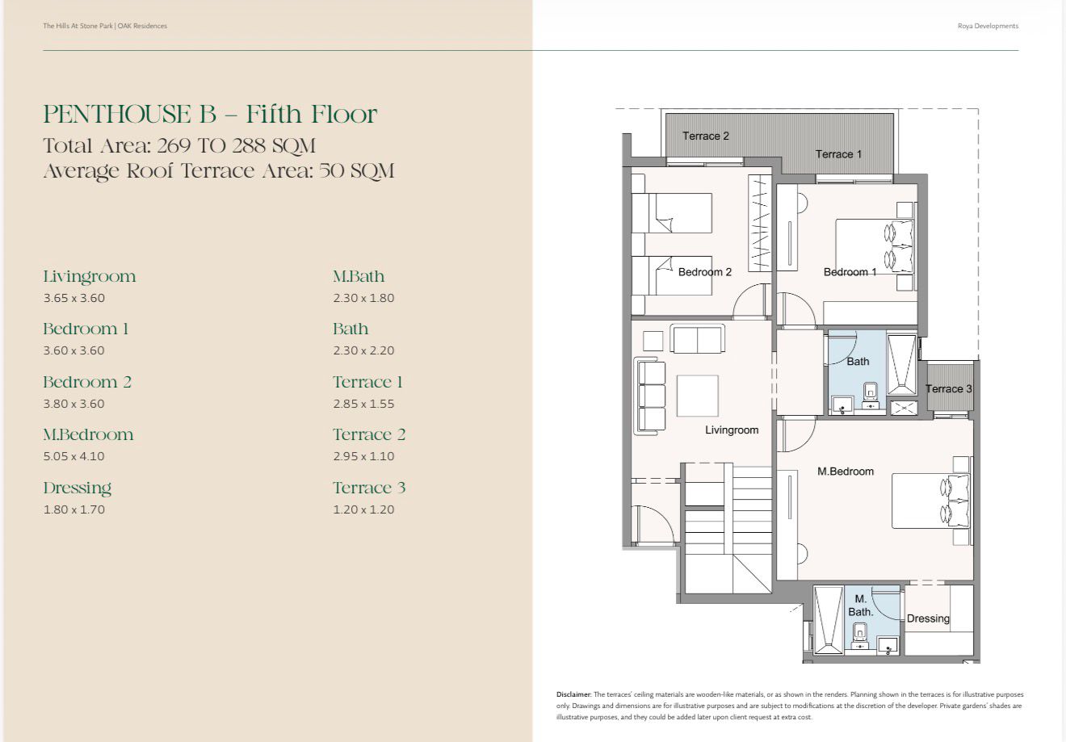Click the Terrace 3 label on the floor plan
[x=948, y=388]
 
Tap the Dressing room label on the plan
[x=928, y=618]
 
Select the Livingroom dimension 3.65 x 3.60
[x=73, y=298]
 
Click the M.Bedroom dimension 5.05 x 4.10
[x=73, y=456]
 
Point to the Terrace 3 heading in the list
[x=369, y=488]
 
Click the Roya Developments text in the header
[x=988, y=26]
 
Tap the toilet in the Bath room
[x=871, y=394]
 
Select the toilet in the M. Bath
[x=859, y=637]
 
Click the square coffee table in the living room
[x=697, y=396]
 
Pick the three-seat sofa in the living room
[x=649, y=396]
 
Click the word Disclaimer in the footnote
[x=574, y=694]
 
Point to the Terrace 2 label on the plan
[x=705, y=136]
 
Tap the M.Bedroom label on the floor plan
[x=846, y=472]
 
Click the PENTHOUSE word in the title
[x=117, y=114]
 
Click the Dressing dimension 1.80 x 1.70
[x=73, y=509]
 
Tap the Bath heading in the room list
[x=350, y=329]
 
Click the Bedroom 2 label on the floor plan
[x=705, y=272]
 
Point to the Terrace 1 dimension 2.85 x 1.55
[x=363, y=404]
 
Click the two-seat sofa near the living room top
[x=697, y=338]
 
